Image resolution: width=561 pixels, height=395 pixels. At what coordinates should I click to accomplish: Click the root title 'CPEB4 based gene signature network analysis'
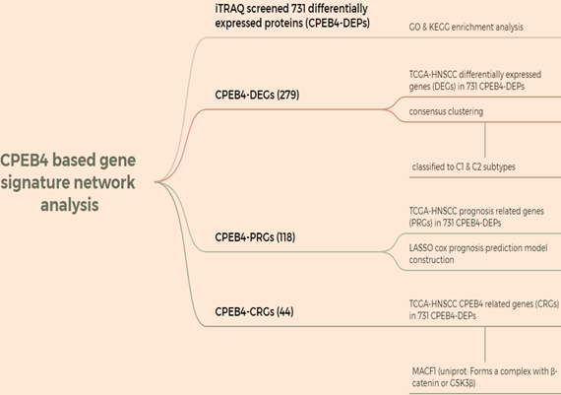[68, 182]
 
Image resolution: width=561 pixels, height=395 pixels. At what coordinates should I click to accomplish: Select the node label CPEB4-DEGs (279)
[257, 95]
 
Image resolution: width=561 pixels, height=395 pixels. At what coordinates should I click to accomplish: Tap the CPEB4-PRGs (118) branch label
[255, 237]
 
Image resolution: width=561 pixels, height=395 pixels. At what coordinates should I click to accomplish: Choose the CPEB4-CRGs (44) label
[254, 311]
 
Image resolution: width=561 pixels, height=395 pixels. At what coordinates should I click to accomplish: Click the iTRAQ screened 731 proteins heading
[292, 16]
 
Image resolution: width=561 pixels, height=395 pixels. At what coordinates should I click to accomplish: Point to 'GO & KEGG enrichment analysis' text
[466, 28]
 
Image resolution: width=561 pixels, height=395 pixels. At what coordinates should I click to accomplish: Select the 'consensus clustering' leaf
[446, 111]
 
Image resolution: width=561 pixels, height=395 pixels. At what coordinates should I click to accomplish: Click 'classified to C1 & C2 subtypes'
[464, 166]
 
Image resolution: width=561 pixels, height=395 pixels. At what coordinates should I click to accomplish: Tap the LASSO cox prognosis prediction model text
[478, 254]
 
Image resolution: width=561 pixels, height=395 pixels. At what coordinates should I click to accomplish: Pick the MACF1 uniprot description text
[484, 377]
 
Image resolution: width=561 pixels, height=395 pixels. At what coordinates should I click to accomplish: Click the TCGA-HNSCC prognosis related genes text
[476, 217]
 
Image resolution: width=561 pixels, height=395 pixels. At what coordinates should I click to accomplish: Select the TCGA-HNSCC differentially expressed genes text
[474, 80]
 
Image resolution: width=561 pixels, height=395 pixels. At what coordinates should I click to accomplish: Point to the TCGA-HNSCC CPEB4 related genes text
[483, 309]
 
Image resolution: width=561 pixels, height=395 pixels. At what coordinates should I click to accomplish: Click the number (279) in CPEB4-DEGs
[288, 95]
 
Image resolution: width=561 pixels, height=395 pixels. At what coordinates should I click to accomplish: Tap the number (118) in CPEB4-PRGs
[285, 237]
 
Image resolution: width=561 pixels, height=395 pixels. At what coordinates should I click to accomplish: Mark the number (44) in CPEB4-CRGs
[285, 311]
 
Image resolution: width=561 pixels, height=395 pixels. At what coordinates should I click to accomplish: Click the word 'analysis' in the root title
[70, 205]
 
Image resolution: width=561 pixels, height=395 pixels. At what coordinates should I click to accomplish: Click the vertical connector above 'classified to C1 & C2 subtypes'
[485, 140]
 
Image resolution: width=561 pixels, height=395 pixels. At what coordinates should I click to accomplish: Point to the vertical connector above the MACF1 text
[485, 344]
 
